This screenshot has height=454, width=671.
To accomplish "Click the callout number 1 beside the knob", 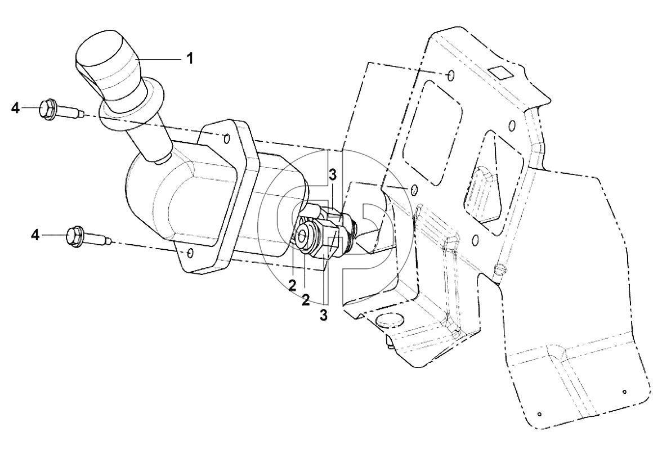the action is pos(190,59).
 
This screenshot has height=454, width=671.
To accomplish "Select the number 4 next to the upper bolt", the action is pos(15,109).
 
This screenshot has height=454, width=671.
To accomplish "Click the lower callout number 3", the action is pos(324,314).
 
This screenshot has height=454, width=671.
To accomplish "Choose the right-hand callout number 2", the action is pos(306,300).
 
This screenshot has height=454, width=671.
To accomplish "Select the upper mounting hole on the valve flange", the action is pos(227,138).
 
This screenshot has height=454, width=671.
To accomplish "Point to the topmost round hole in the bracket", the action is pos(450,75).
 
